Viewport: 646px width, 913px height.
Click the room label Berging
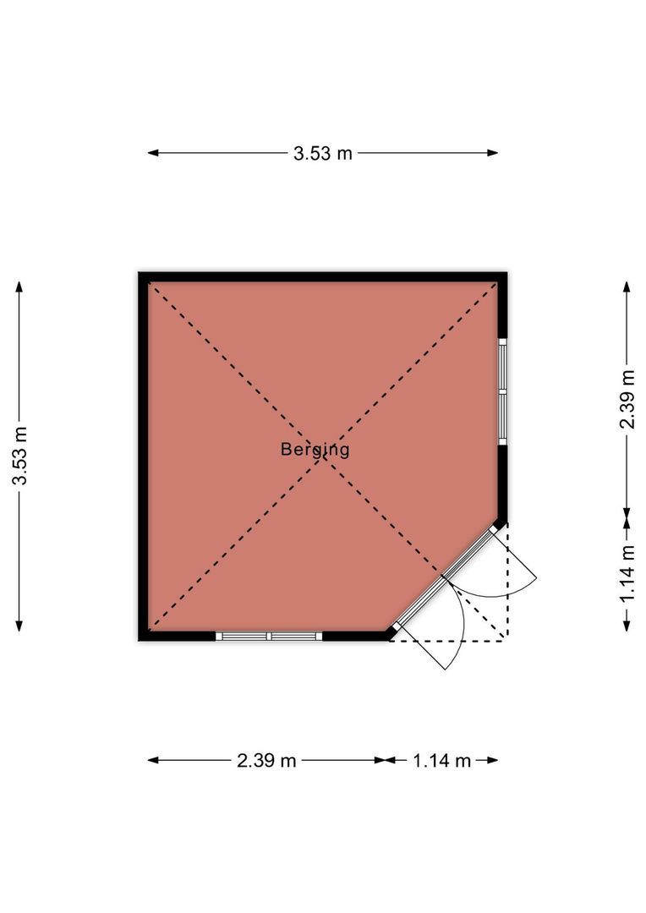315,450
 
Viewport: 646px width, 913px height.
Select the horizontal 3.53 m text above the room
322,153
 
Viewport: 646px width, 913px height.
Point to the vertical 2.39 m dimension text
627,399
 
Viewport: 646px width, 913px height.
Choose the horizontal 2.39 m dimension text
266,760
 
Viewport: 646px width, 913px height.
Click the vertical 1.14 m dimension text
627,573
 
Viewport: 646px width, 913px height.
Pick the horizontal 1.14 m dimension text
441,760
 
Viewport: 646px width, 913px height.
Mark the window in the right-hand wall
501,392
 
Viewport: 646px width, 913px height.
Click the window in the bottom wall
269,636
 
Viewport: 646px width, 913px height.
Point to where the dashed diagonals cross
322,457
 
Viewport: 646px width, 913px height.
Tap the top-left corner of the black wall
143,276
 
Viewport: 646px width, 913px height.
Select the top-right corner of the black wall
502,276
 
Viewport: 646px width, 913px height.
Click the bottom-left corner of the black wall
143,637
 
